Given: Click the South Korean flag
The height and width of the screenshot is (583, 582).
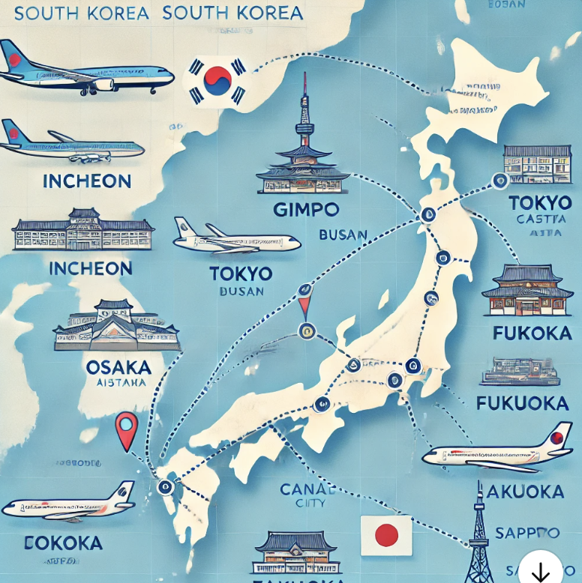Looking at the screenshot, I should [217, 80].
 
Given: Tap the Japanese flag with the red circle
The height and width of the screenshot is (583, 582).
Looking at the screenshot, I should [385, 535].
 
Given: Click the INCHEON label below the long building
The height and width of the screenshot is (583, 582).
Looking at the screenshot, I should [89, 268].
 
